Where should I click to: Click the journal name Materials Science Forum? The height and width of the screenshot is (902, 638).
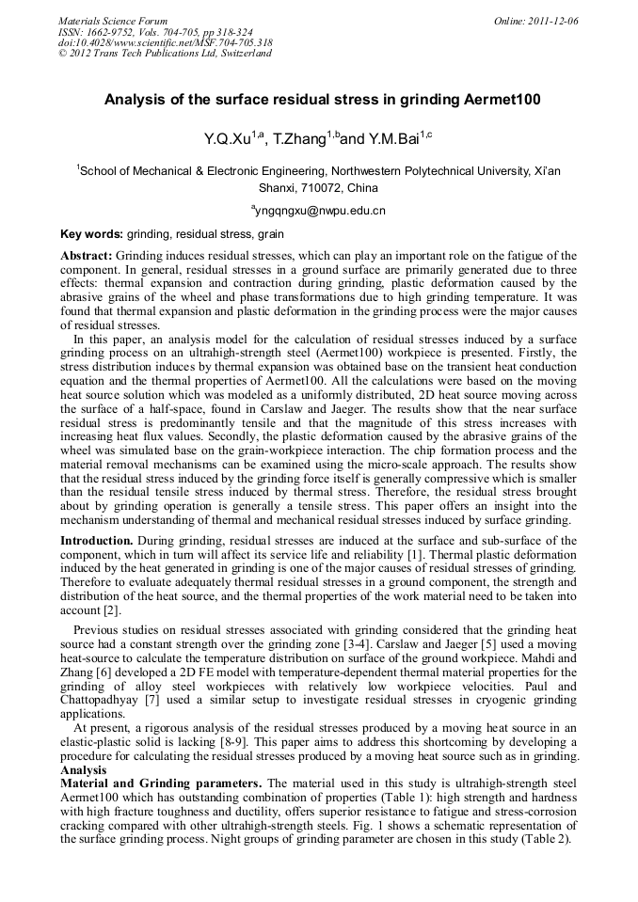[x=113, y=21]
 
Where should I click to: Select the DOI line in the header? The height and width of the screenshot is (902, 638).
[x=165, y=42]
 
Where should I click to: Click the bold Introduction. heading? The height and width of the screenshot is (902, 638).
[x=98, y=541]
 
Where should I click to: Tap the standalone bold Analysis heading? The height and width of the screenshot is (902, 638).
[x=84, y=769]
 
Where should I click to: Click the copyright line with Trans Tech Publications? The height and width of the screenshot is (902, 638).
[x=165, y=54]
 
